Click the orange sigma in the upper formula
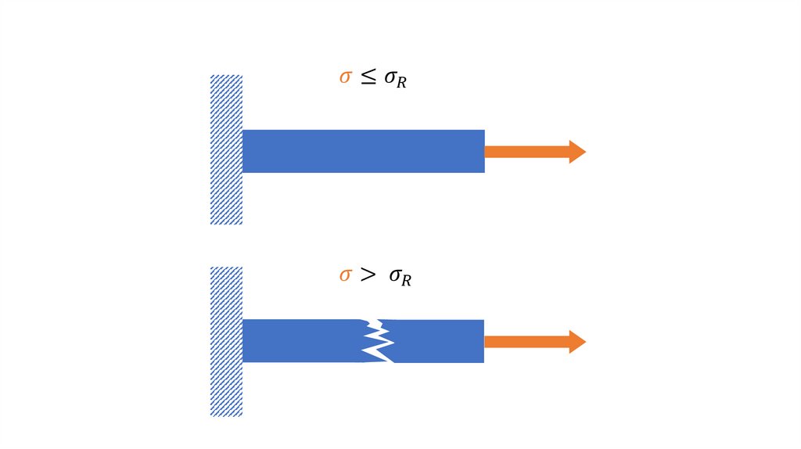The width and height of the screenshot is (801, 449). (345, 77)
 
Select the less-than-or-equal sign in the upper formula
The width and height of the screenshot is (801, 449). (368, 77)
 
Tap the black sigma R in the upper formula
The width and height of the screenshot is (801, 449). (394, 79)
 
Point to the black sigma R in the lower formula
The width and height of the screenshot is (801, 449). (399, 277)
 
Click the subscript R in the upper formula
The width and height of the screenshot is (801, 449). (400, 83)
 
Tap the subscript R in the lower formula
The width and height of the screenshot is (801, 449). (405, 281)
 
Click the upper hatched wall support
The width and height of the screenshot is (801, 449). (226, 149)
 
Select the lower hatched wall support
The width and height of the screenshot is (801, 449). (226, 341)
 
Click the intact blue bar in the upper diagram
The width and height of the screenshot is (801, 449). (363, 151)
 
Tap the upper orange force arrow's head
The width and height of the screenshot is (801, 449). (577, 152)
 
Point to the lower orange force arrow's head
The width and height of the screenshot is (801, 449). (577, 342)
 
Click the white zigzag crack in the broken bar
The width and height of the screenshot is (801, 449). (379, 341)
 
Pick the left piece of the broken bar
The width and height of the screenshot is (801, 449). (301, 341)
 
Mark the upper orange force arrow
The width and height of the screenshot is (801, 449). (535, 152)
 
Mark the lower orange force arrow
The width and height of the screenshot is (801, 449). (535, 342)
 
